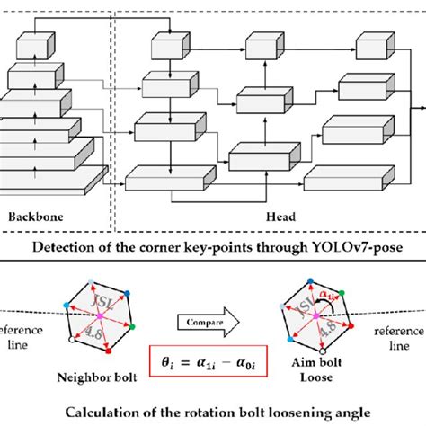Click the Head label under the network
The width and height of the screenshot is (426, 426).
tap(272, 216)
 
